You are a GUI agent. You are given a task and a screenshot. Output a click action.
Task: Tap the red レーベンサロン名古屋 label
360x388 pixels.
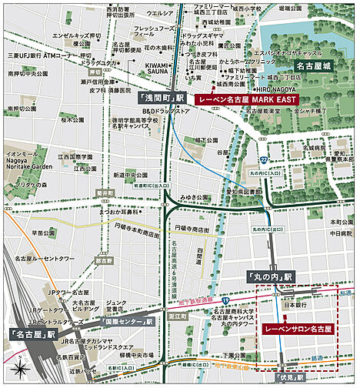[x=297, y=329]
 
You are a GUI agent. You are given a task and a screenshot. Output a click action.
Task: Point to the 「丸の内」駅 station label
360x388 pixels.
[x=271, y=276]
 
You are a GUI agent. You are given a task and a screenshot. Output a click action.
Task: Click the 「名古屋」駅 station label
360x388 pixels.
[x=32, y=335]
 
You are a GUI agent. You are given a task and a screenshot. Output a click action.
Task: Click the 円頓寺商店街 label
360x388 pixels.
[x=192, y=229]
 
